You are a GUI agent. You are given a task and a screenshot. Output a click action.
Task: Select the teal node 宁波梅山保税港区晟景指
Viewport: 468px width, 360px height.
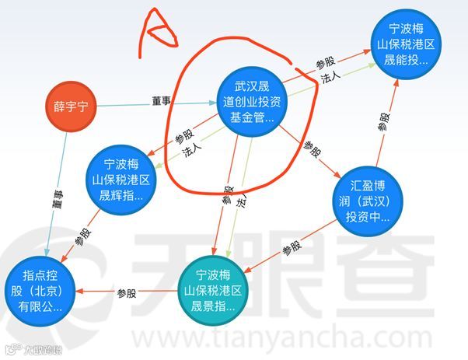218,291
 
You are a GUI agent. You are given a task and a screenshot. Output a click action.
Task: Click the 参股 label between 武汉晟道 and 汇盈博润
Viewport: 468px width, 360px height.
310,147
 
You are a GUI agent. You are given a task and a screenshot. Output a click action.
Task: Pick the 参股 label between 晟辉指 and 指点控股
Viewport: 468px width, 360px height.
83,236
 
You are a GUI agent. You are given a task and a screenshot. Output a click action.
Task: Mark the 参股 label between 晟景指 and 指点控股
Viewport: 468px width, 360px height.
127,293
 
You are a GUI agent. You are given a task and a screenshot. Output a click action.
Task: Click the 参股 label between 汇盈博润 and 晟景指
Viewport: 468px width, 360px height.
292,249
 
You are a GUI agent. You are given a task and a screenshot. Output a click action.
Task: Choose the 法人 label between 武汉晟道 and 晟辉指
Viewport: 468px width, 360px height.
189,154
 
